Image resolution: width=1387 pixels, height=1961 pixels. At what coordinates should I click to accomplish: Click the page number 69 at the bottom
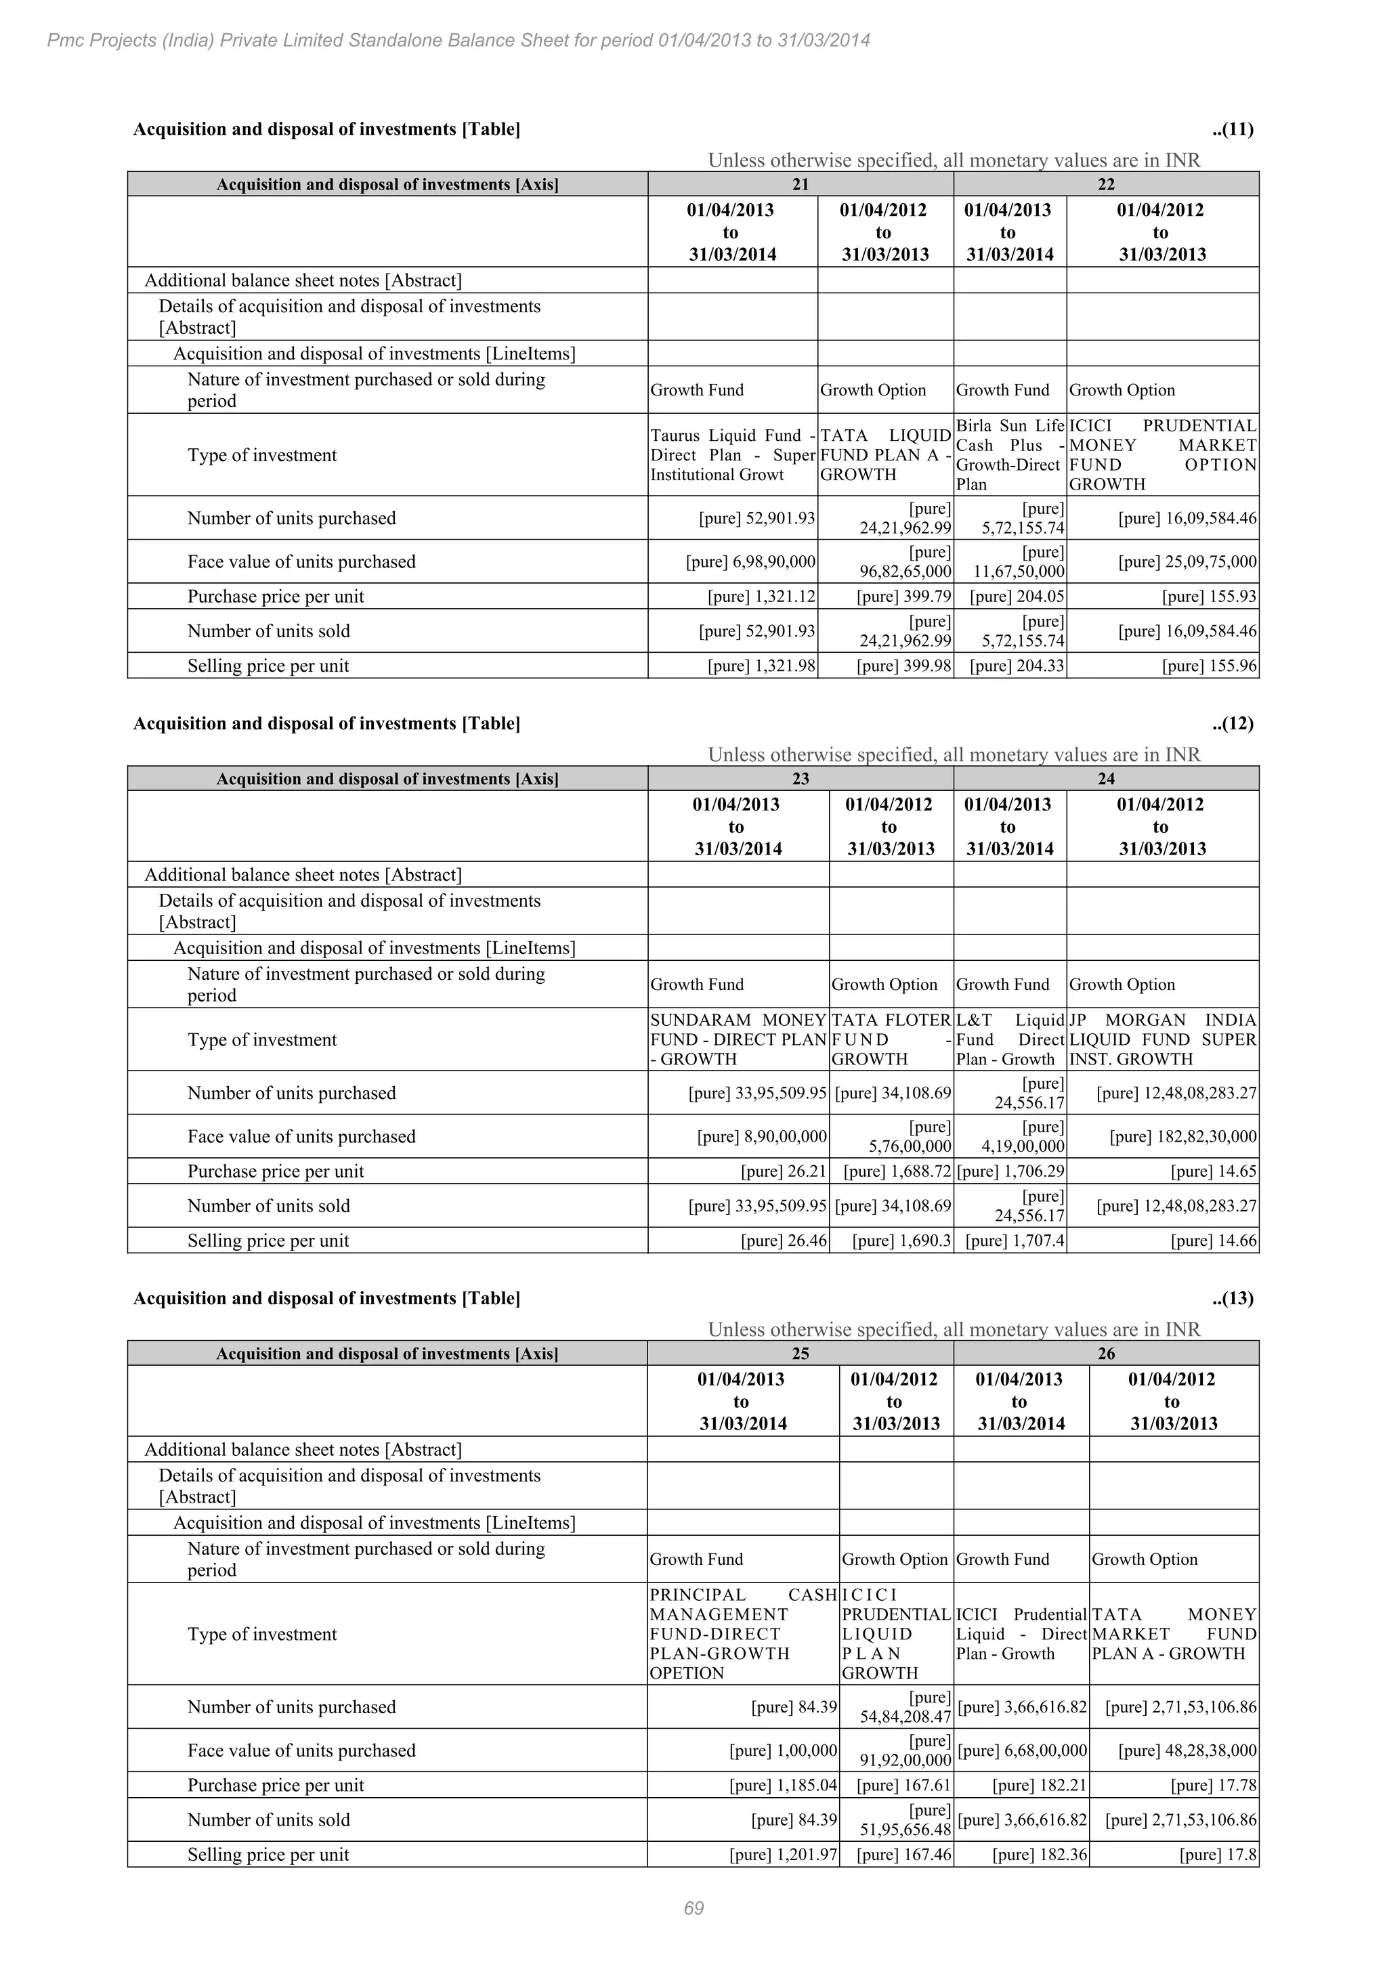coord(693,1908)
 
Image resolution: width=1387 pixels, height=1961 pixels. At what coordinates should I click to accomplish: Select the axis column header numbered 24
coord(1105,778)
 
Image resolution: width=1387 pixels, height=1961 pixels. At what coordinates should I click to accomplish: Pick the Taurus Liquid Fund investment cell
coord(733,455)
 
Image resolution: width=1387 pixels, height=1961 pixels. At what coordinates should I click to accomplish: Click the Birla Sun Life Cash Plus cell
coord(1010,455)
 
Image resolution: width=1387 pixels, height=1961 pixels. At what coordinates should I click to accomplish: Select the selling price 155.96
coord(1208,666)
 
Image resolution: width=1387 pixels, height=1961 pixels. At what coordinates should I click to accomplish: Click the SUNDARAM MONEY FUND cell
coord(738,1039)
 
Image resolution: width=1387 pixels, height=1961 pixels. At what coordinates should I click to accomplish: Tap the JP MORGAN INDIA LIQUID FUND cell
coord(1162,1039)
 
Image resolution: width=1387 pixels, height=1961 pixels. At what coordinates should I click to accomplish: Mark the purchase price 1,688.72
coord(897,1171)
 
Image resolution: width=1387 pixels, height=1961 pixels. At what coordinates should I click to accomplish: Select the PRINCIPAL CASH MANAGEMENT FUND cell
coord(743,1634)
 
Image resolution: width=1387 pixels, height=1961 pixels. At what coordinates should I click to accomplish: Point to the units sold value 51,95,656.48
coord(905,1830)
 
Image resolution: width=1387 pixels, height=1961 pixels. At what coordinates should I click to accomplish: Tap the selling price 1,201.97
coord(782,1854)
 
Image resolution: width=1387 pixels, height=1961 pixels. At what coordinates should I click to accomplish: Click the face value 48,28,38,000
coord(1187,1750)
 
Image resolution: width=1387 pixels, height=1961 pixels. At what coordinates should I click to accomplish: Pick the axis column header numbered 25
coord(801,1353)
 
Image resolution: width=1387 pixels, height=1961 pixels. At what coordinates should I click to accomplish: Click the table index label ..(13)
coord(1231,1298)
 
